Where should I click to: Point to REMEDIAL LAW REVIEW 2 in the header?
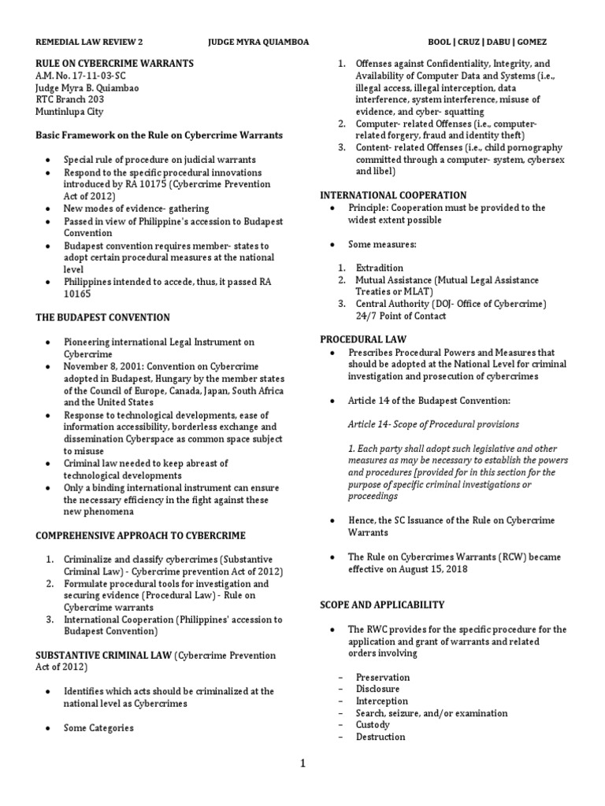pyautogui.click(x=91, y=42)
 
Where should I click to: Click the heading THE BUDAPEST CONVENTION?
pyautogui.click(x=102, y=317)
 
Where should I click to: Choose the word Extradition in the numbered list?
pyautogui.click(x=380, y=268)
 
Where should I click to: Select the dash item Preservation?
pyautogui.click(x=382, y=677)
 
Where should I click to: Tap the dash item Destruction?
pyautogui.click(x=380, y=737)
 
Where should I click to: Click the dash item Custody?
pyautogui.click(x=373, y=725)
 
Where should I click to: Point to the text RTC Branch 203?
pyautogui.click(x=70, y=99)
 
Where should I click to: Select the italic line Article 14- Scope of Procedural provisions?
pyautogui.click(x=433, y=424)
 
